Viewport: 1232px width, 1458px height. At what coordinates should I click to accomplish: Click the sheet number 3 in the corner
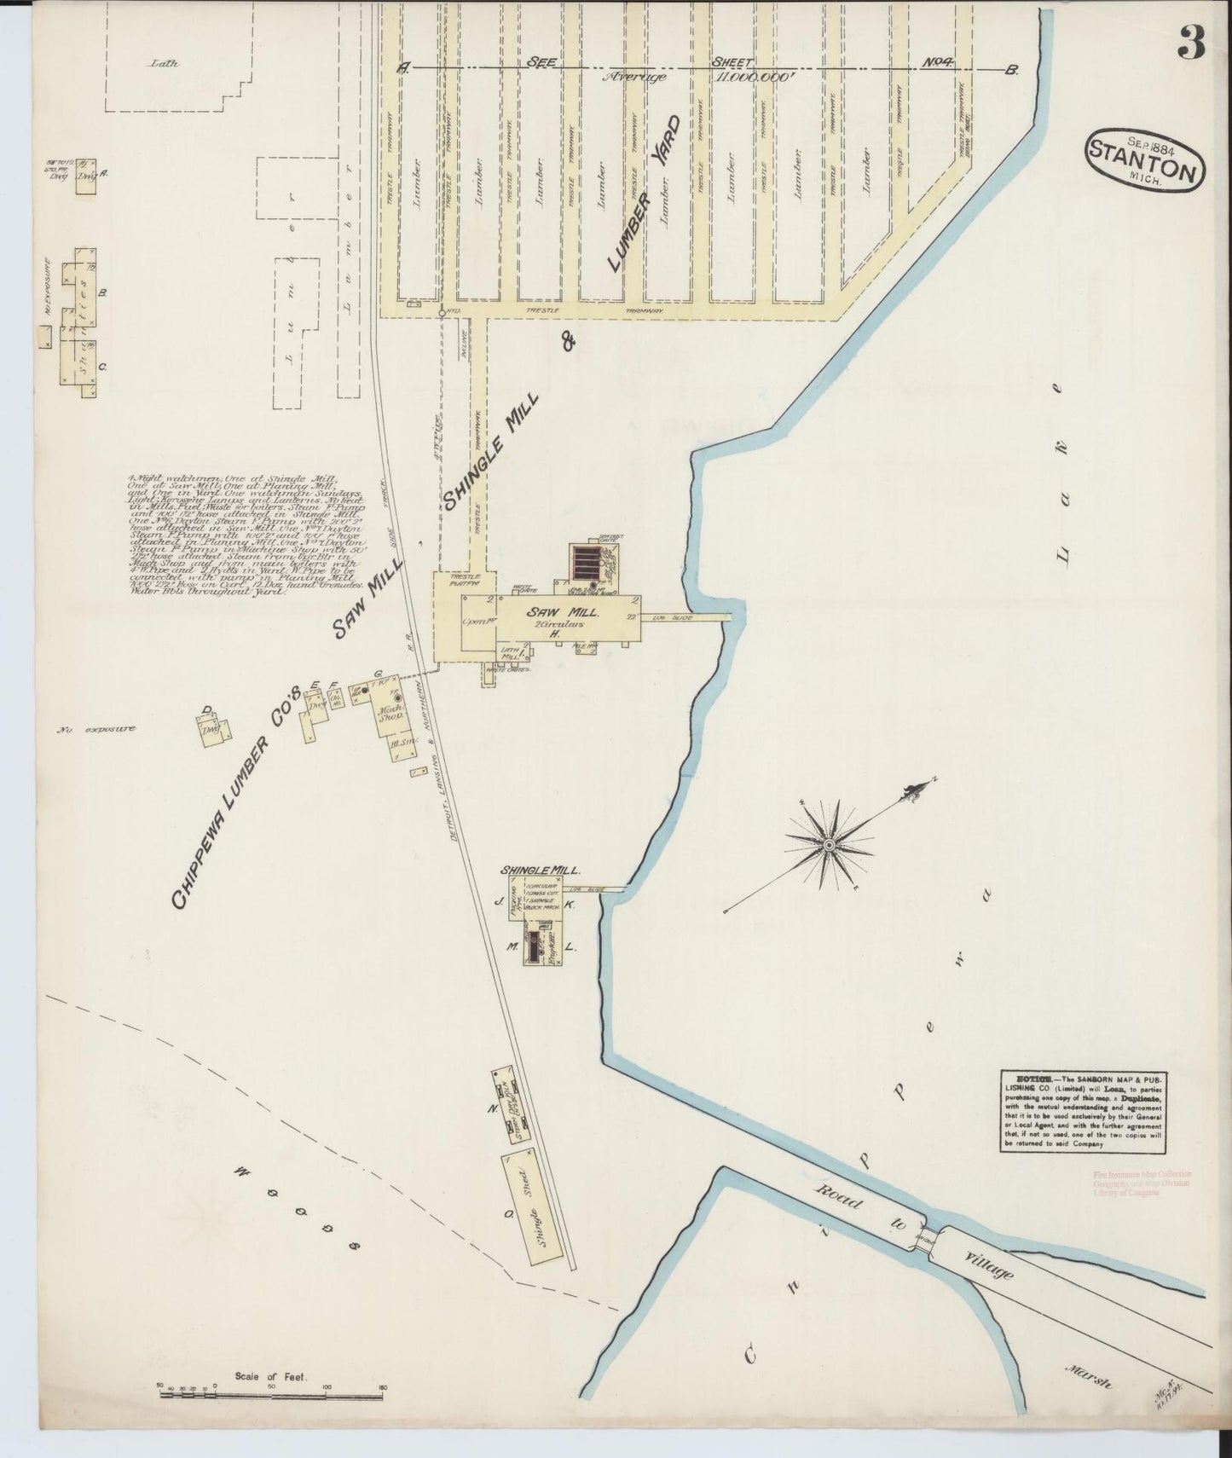pos(1191,43)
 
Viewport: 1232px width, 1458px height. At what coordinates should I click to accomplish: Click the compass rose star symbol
pos(828,844)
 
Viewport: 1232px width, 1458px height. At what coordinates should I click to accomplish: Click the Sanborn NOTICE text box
pos(1082,1112)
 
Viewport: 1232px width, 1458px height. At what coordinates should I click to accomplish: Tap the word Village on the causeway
pos(988,1265)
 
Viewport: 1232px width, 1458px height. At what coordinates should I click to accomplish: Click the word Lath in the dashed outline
pos(162,63)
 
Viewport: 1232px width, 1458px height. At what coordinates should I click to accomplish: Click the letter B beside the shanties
pos(102,292)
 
